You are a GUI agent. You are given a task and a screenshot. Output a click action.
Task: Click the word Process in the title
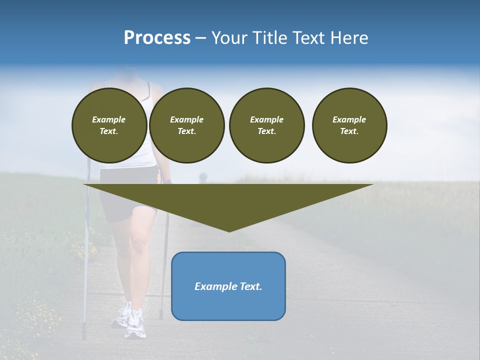coord(157,38)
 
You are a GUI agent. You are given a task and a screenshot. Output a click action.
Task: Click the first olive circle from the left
coord(109,125)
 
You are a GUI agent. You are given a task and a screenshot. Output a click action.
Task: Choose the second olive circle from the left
coord(186,125)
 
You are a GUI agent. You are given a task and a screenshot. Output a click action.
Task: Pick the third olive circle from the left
coord(266,125)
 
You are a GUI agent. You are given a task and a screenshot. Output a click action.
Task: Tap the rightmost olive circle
coord(349,125)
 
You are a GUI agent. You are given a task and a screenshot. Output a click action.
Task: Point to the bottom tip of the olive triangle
coord(229,231)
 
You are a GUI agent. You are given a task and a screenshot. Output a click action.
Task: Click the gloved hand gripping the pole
coord(167,179)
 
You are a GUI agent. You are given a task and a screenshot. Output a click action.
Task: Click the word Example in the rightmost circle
coord(349,119)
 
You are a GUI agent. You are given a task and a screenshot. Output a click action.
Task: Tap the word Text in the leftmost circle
coord(108,131)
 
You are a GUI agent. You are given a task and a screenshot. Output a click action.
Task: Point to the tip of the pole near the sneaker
coord(161,318)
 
